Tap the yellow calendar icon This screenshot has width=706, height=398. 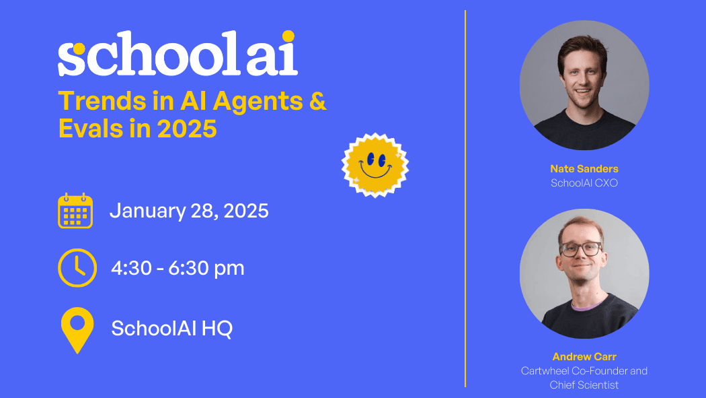[75, 211]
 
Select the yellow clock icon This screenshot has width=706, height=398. [77, 268]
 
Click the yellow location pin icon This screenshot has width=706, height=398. [77, 329]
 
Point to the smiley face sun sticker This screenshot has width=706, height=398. [375, 165]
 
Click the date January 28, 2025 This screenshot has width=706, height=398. [189, 211]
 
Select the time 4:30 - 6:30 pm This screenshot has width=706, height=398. [178, 268]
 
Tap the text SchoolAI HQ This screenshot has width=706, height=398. [171, 329]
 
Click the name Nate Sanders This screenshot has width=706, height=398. [584, 168]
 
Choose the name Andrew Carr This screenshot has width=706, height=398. [584, 356]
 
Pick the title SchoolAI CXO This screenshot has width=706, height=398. [584, 183]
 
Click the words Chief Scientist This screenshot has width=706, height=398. [584, 385]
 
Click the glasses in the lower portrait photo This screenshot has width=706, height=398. [581, 248]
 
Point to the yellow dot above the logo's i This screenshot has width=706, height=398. [288, 36]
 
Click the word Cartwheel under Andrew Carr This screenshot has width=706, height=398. [547, 371]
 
